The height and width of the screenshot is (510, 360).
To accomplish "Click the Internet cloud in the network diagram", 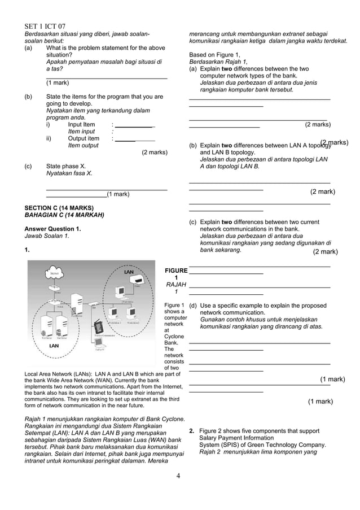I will click(54, 273).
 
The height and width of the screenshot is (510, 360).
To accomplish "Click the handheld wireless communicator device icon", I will click(98, 327).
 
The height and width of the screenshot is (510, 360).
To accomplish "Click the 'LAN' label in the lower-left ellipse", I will click(54, 345).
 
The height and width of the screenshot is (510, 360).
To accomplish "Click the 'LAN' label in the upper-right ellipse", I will click(129, 272).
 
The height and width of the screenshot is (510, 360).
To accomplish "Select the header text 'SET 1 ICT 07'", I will click(45, 27).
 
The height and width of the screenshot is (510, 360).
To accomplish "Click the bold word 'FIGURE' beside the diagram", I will click(176, 271).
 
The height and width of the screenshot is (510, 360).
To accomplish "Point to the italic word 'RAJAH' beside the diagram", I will click(176, 285).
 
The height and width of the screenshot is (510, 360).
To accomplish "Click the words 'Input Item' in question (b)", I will click(82, 125).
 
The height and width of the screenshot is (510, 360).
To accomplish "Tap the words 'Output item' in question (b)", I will click(84, 138).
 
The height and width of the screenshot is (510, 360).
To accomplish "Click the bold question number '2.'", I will click(192, 431).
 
